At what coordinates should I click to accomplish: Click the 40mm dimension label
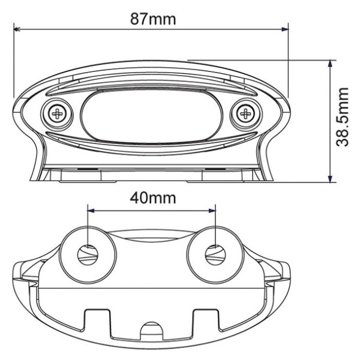(152, 197)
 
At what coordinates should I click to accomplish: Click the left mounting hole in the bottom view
(88, 254)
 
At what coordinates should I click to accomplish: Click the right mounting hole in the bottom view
(214, 254)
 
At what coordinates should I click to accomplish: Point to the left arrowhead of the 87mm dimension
(17, 28)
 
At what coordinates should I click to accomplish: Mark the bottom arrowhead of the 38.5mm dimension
(329, 178)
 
